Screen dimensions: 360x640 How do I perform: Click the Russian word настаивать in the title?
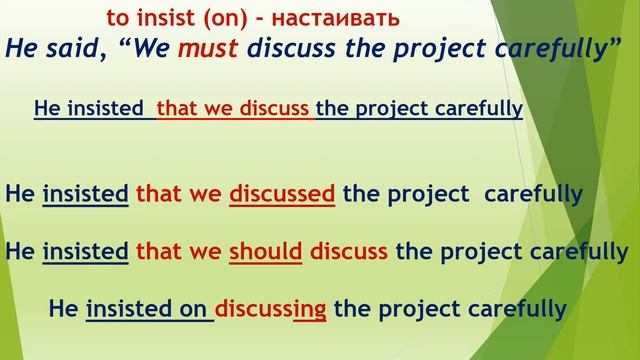click(336, 18)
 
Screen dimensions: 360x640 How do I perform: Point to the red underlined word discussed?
click(282, 193)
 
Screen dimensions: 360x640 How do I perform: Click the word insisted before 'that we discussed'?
click(86, 193)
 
